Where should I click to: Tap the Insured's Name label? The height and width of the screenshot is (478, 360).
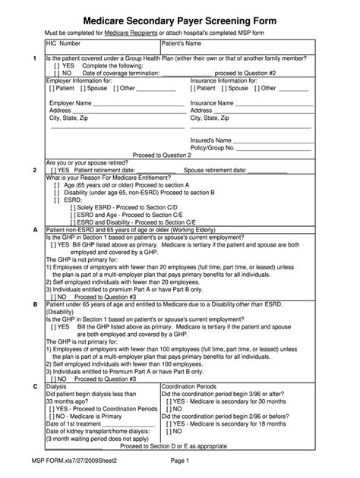point(211,140)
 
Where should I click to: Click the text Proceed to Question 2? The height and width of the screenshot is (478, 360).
point(162,155)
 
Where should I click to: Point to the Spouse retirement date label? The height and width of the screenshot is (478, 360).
point(214,170)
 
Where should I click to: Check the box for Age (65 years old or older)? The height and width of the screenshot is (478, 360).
point(58,184)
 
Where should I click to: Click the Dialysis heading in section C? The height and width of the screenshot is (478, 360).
point(58,387)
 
